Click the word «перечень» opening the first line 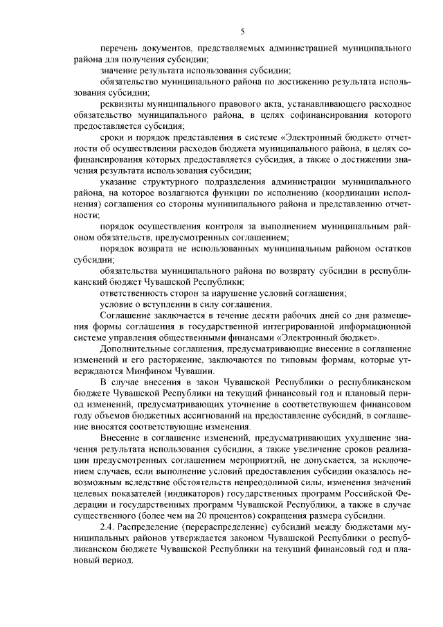coord(118,50)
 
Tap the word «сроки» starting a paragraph coord(113,138)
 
